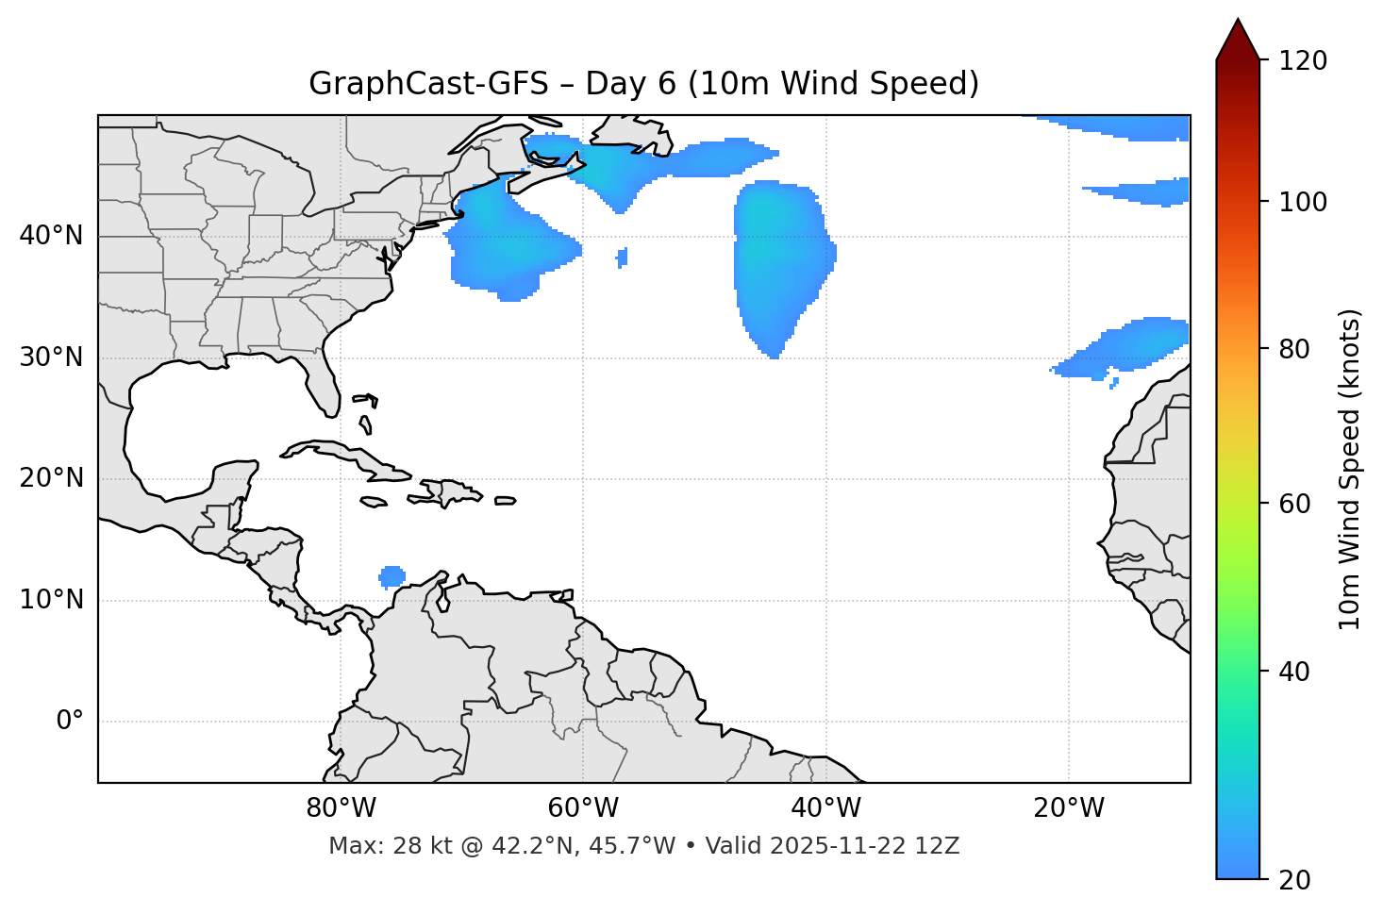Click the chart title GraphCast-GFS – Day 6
(643, 84)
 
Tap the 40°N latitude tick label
(51, 236)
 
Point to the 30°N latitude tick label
(51, 357)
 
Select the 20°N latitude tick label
(51, 478)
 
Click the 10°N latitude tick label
(51, 600)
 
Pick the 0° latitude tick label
(70, 722)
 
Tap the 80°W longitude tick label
(341, 808)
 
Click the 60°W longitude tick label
(583, 808)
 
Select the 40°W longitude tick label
(825, 808)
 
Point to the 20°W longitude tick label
(1068, 808)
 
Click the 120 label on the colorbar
(1304, 61)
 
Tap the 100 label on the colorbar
(1304, 202)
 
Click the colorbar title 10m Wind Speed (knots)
(1350, 469)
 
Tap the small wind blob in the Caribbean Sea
(392, 575)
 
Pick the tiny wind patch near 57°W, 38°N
(622, 257)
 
